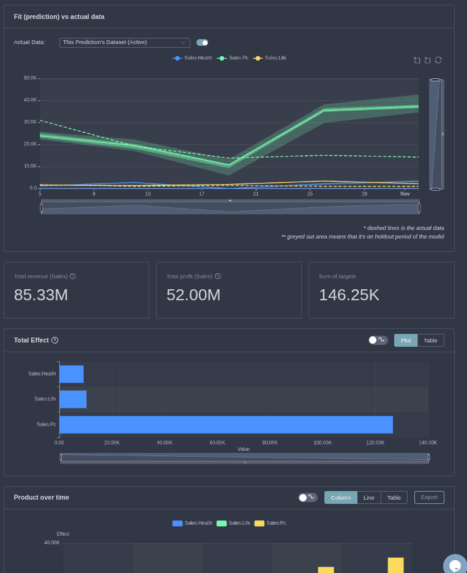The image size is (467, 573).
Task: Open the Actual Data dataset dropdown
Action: click(124, 42)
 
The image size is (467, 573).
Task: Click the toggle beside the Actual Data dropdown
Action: click(202, 42)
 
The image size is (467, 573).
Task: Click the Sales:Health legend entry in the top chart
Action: click(193, 58)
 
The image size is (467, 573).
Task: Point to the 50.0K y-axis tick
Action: click(30, 78)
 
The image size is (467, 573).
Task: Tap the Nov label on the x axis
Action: click(405, 194)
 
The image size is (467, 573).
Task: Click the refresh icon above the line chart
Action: click(438, 60)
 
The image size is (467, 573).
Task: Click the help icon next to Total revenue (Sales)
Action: click(73, 276)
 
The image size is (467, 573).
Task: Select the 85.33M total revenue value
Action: click(41, 295)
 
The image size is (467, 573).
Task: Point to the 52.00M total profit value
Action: click(193, 295)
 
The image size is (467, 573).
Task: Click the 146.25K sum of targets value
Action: click(349, 295)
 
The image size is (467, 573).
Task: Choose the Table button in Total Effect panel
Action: click(430, 340)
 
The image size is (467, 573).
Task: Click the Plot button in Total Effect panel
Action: click(406, 340)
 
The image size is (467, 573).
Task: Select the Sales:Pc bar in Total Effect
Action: click(226, 424)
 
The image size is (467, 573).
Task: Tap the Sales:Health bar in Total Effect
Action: click(71, 374)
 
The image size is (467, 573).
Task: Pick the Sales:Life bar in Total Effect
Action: click(73, 399)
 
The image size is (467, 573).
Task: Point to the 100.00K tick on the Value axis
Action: click(323, 442)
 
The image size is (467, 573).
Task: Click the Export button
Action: click(429, 497)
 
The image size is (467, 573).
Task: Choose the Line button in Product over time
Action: click(368, 497)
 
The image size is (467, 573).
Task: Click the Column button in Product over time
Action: click(341, 497)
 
